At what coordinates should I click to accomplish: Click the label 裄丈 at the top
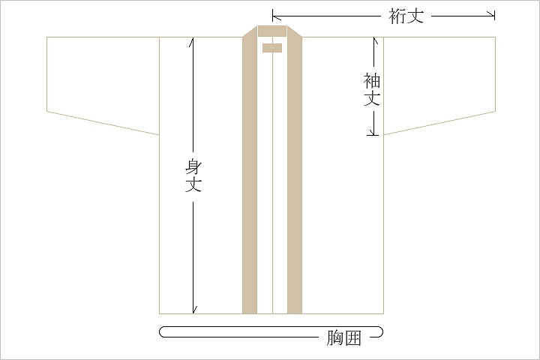pyautogui.click(x=406, y=16)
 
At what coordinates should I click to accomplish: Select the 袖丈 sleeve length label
pyautogui.click(x=372, y=89)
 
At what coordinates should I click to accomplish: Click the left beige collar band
pyautogui.click(x=250, y=172)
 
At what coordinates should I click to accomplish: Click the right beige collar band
pyautogui.click(x=295, y=172)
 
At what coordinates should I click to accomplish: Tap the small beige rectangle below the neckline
pyautogui.click(x=272, y=48)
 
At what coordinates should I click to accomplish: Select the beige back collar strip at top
pyautogui.click(x=272, y=31)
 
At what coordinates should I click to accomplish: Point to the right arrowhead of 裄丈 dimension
pyautogui.click(x=493, y=15)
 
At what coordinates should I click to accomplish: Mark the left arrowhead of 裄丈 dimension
pyautogui.click(x=274, y=16)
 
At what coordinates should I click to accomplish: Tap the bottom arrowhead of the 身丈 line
pyautogui.click(x=193, y=310)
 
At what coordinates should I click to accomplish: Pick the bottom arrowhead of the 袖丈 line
pyautogui.click(x=373, y=132)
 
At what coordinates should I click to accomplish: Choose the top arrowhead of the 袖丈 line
pyautogui.click(x=375, y=40)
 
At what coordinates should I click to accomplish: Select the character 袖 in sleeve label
pyautogui.click(x=372, y=80)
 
